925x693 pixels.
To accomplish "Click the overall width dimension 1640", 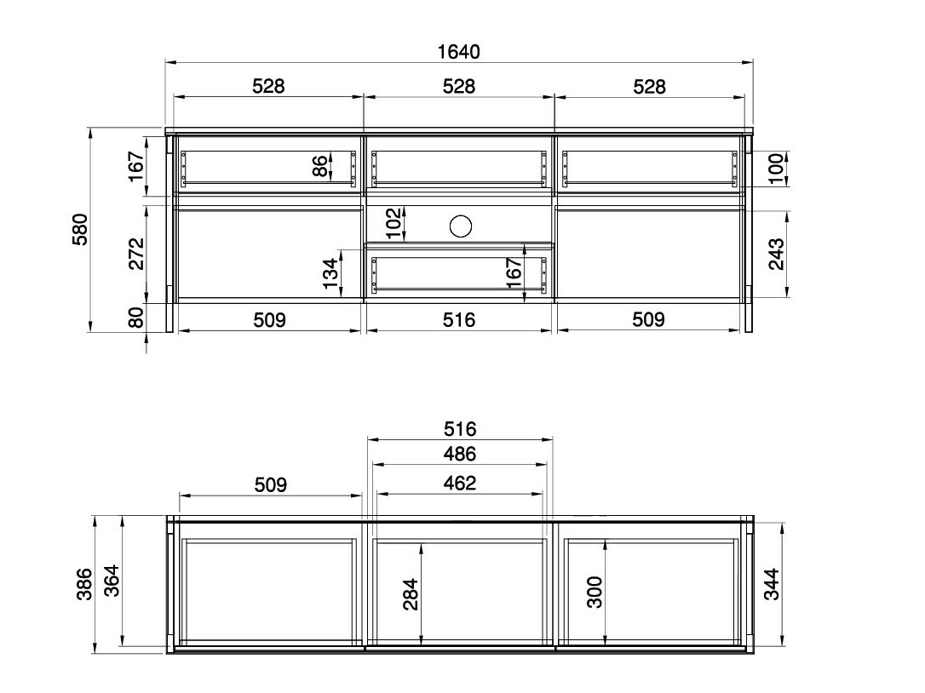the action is pos(458,52).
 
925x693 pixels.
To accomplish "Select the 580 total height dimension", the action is pos(80,229).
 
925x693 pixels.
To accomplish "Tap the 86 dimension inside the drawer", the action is pos(319,166).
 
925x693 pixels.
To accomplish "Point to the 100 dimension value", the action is pos(776,168).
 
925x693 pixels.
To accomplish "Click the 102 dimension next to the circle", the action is pos(394,222).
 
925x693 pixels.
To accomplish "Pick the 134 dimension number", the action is pos(331,273).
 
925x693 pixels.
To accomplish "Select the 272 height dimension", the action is pos(136,253).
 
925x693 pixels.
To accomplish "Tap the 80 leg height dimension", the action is pos(136,318).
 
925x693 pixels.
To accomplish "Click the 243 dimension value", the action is pos(776,254).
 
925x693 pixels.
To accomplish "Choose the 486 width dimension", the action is pos(460,454).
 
